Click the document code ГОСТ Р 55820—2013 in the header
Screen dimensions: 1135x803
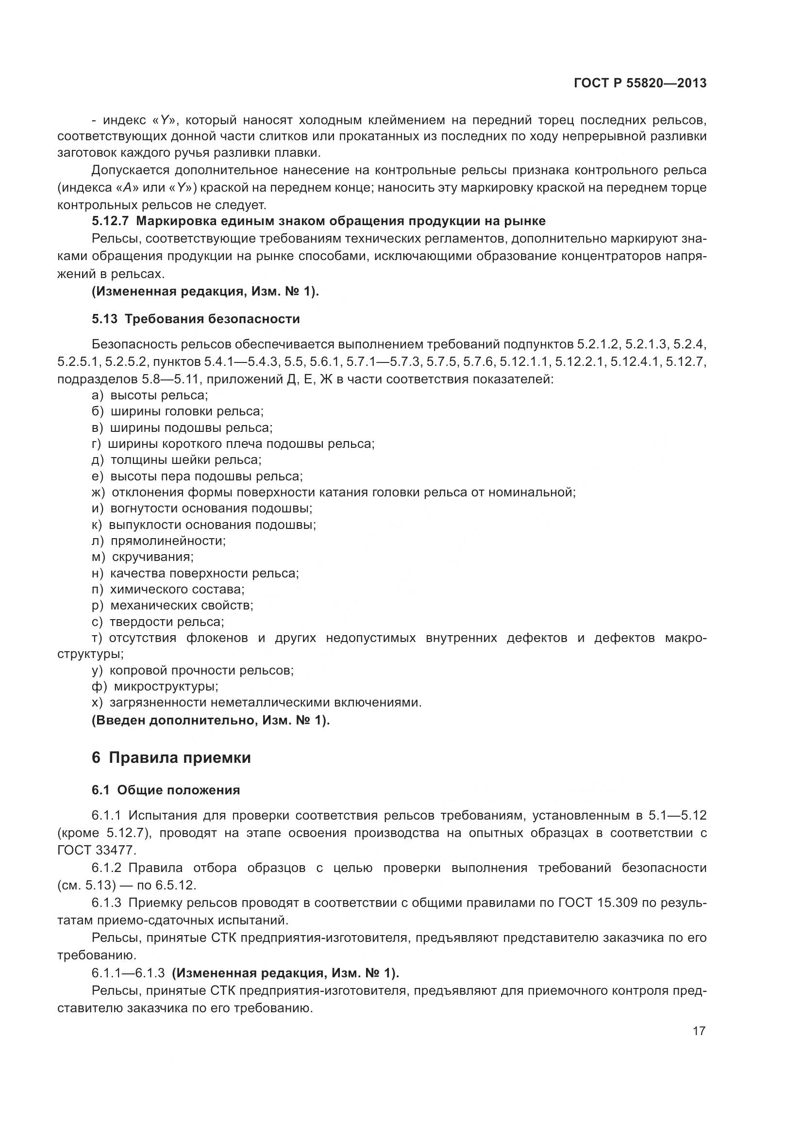[x=640, y=83]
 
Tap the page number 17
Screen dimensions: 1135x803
[x=699, y=1031]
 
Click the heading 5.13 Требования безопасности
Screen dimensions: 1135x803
[x=196, y=319]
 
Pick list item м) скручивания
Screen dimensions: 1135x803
[x=142, y=557]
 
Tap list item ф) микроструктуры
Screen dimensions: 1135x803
[x=155, y=686]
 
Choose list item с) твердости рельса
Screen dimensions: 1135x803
[x=158, y=622]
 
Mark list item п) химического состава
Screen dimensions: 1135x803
[x=168, y=589]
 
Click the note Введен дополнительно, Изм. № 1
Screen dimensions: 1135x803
[x=211, y=720]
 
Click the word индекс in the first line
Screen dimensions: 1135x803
[x=124, y=120]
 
